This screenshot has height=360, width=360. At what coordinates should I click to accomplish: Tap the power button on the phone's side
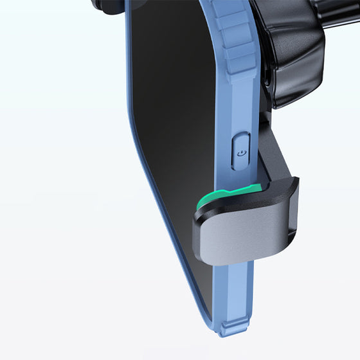pos(240,152)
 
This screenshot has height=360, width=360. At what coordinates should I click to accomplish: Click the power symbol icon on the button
pos(240,154)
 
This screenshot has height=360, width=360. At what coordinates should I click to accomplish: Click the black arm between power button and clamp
pos(270,154)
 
